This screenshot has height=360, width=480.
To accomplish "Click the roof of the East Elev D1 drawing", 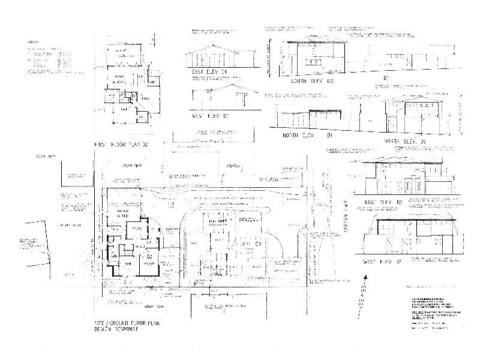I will tap(209, 48).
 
